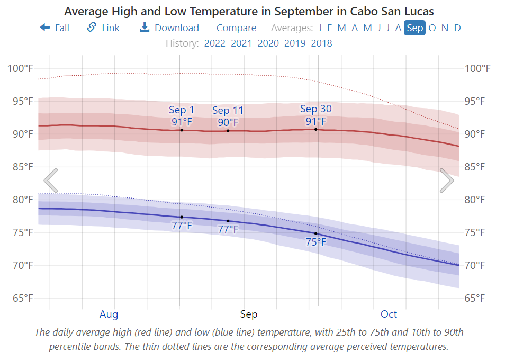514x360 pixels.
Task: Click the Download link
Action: [x=169, y=28]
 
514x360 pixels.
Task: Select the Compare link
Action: [x=236, y=28]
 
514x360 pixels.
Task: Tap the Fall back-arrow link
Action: [x=55, y=28]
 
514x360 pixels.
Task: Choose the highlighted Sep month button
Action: [x=415, y=28]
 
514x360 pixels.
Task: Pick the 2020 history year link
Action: [x=268, y=43]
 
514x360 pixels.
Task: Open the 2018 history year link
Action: [x=321, y=43]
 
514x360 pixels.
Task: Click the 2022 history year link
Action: [x=215, y=43]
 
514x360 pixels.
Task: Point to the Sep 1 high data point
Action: [x=182, y=130]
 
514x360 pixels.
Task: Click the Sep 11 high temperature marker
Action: [x=228, y=131]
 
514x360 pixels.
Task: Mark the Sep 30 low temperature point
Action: [x=316, y=233]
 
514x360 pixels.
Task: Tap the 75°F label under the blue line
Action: [x=316, y=242]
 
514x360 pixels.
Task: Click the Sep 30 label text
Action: [x=316, y=109]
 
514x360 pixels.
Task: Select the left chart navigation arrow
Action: [x=51, y=181]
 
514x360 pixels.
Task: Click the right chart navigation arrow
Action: [x=447, y=181]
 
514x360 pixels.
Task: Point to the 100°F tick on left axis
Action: [x=20, y=68]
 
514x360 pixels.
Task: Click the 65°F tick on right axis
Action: [x=475, y=298]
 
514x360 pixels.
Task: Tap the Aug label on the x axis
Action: [x=109, y=314]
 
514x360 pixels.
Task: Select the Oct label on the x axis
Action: [x=389, y=314]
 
